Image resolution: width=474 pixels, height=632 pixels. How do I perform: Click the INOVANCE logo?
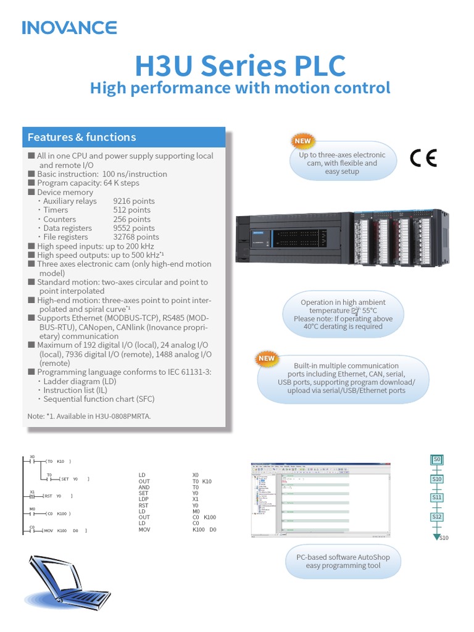pos(69,28)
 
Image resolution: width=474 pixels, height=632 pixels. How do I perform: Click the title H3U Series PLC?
pos(240,65)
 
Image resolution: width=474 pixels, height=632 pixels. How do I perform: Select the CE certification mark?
pos(423,159)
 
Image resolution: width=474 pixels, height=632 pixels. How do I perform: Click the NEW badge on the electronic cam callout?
pos(302,141)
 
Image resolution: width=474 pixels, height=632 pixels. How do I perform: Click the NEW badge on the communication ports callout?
pos(267,358)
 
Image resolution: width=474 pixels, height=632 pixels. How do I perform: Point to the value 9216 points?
pos(133,201)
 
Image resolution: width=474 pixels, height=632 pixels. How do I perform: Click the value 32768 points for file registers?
pos(136,237)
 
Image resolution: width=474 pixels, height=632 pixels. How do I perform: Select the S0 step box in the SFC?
pos(437,459)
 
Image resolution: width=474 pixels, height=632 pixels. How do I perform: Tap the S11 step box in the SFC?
pos(437,497)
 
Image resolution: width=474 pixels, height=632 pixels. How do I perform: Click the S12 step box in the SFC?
pos(437,516)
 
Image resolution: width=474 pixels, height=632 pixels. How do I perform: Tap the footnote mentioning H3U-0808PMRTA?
pos(89,416)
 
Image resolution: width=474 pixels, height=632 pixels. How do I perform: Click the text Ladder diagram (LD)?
pos(80,381)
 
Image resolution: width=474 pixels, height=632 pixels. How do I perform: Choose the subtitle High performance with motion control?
pos(240,88)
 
